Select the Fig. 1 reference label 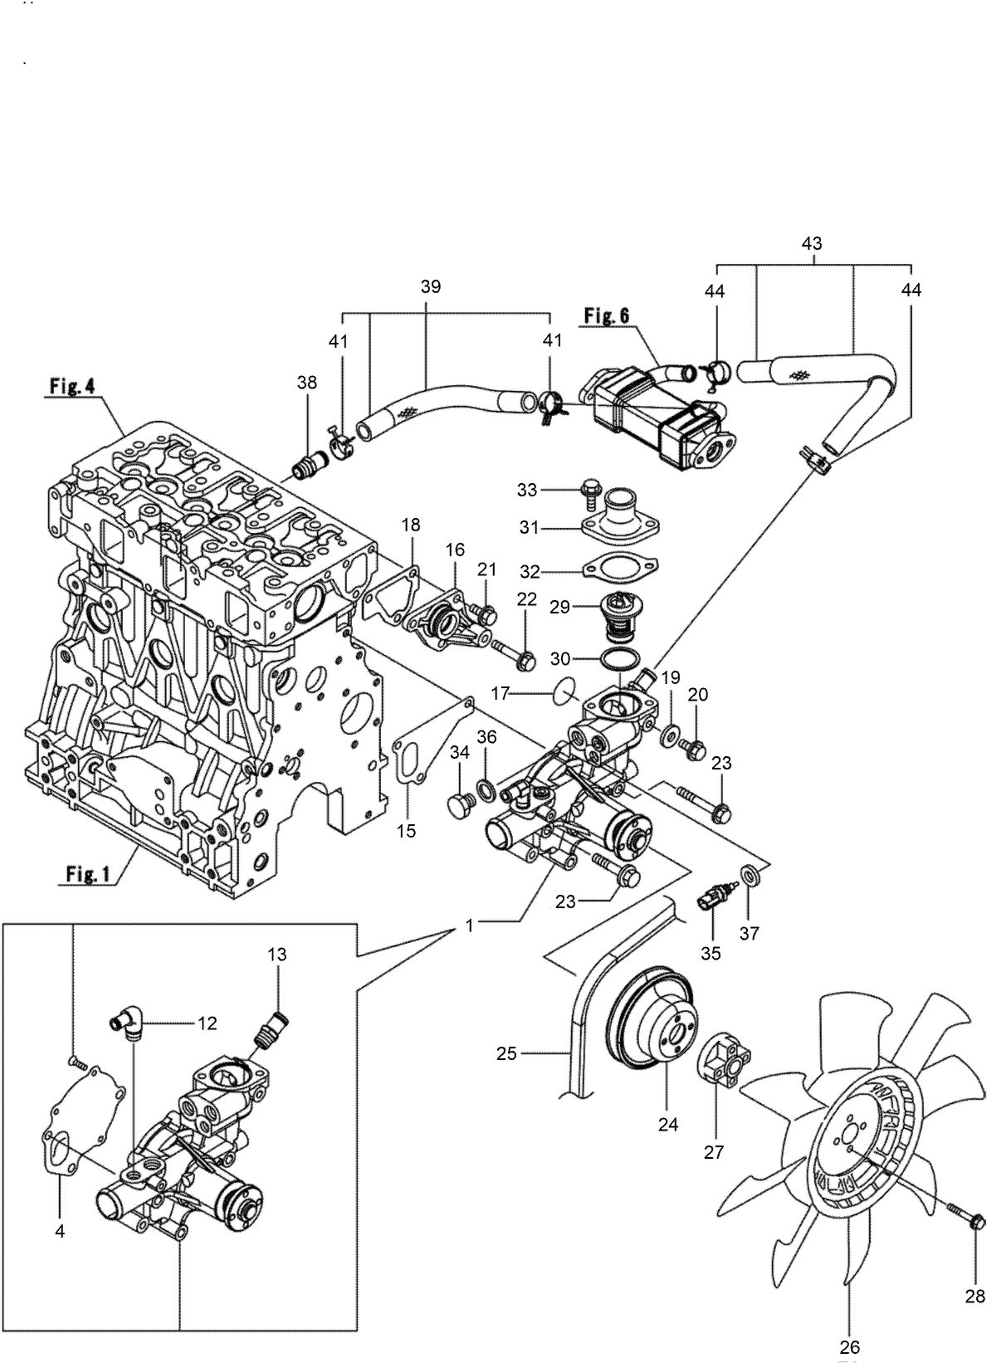(x=89, y=875)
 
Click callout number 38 (x=307, y=383)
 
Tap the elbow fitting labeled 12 (x=129, y=1023)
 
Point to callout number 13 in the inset (x=276, y=955)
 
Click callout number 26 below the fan (x=852, y=1346)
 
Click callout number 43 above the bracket (x=812, y=243)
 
